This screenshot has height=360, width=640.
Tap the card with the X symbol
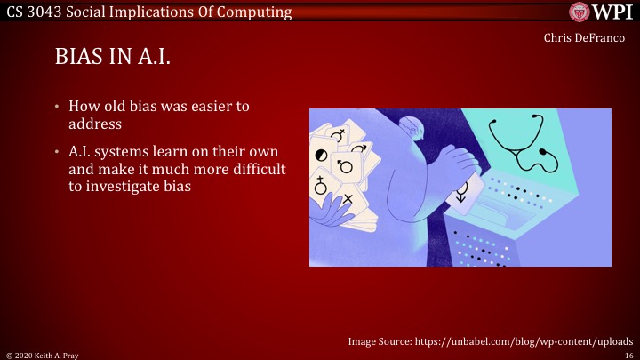coord(349,197)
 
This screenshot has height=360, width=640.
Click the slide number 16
coord(628,354)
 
